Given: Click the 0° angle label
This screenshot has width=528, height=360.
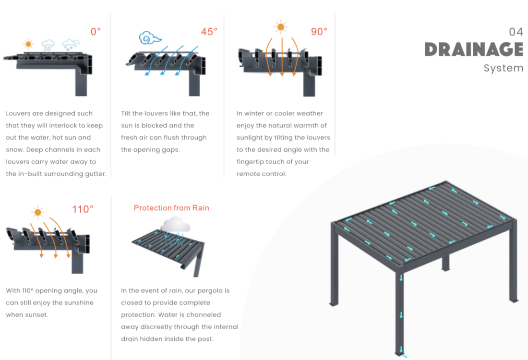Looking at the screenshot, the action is (96, 31).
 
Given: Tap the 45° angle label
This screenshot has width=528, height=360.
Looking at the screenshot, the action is (209, 32).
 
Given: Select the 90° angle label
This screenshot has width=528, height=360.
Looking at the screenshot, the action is (319, 32).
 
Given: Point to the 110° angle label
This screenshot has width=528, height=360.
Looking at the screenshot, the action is (83, 209).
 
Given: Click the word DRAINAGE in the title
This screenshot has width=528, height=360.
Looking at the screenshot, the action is (474, 49).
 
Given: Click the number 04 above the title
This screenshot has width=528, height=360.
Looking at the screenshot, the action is (516, 32).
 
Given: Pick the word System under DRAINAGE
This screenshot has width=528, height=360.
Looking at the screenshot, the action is (504, 68).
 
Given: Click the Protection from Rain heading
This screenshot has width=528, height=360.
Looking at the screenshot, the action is (171, 208).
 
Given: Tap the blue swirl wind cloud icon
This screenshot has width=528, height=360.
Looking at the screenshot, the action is (150, 38).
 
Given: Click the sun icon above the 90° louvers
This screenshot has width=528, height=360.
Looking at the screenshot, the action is (280, 27).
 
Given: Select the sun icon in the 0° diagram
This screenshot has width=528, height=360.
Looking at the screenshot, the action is (28, 44).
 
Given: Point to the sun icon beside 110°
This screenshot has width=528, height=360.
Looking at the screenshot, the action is (38, 212).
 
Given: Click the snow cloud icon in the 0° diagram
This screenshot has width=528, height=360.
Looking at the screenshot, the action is (71, 45).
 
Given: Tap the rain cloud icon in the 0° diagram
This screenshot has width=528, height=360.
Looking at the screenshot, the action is (48, 45).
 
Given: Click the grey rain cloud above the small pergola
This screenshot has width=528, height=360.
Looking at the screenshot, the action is (175, 225).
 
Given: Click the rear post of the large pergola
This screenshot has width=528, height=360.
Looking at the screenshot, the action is (445, 262).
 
